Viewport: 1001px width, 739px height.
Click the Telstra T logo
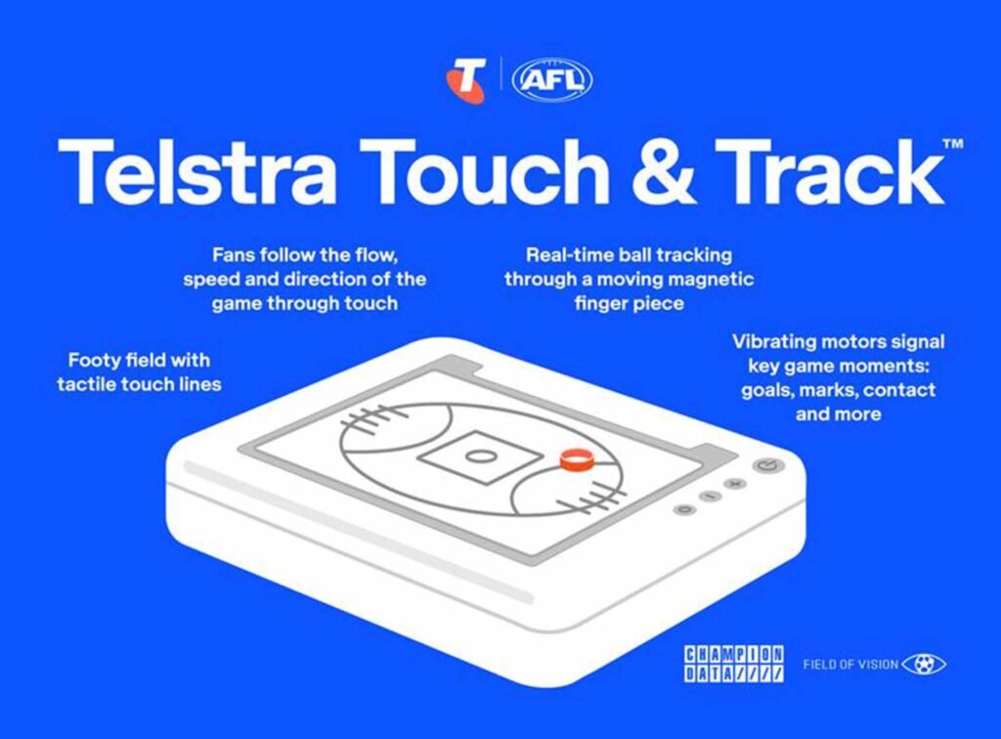point(466,80)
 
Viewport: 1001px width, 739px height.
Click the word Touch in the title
point(489,171)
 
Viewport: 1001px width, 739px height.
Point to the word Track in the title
point(830,171)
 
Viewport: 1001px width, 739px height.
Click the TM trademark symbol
point(953,145)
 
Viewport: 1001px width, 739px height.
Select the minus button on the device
point(710,496)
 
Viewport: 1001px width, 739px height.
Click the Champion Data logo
point(734,664)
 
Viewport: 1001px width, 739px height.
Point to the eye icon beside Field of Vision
point(924,665)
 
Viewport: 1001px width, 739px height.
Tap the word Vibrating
point(773,342)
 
